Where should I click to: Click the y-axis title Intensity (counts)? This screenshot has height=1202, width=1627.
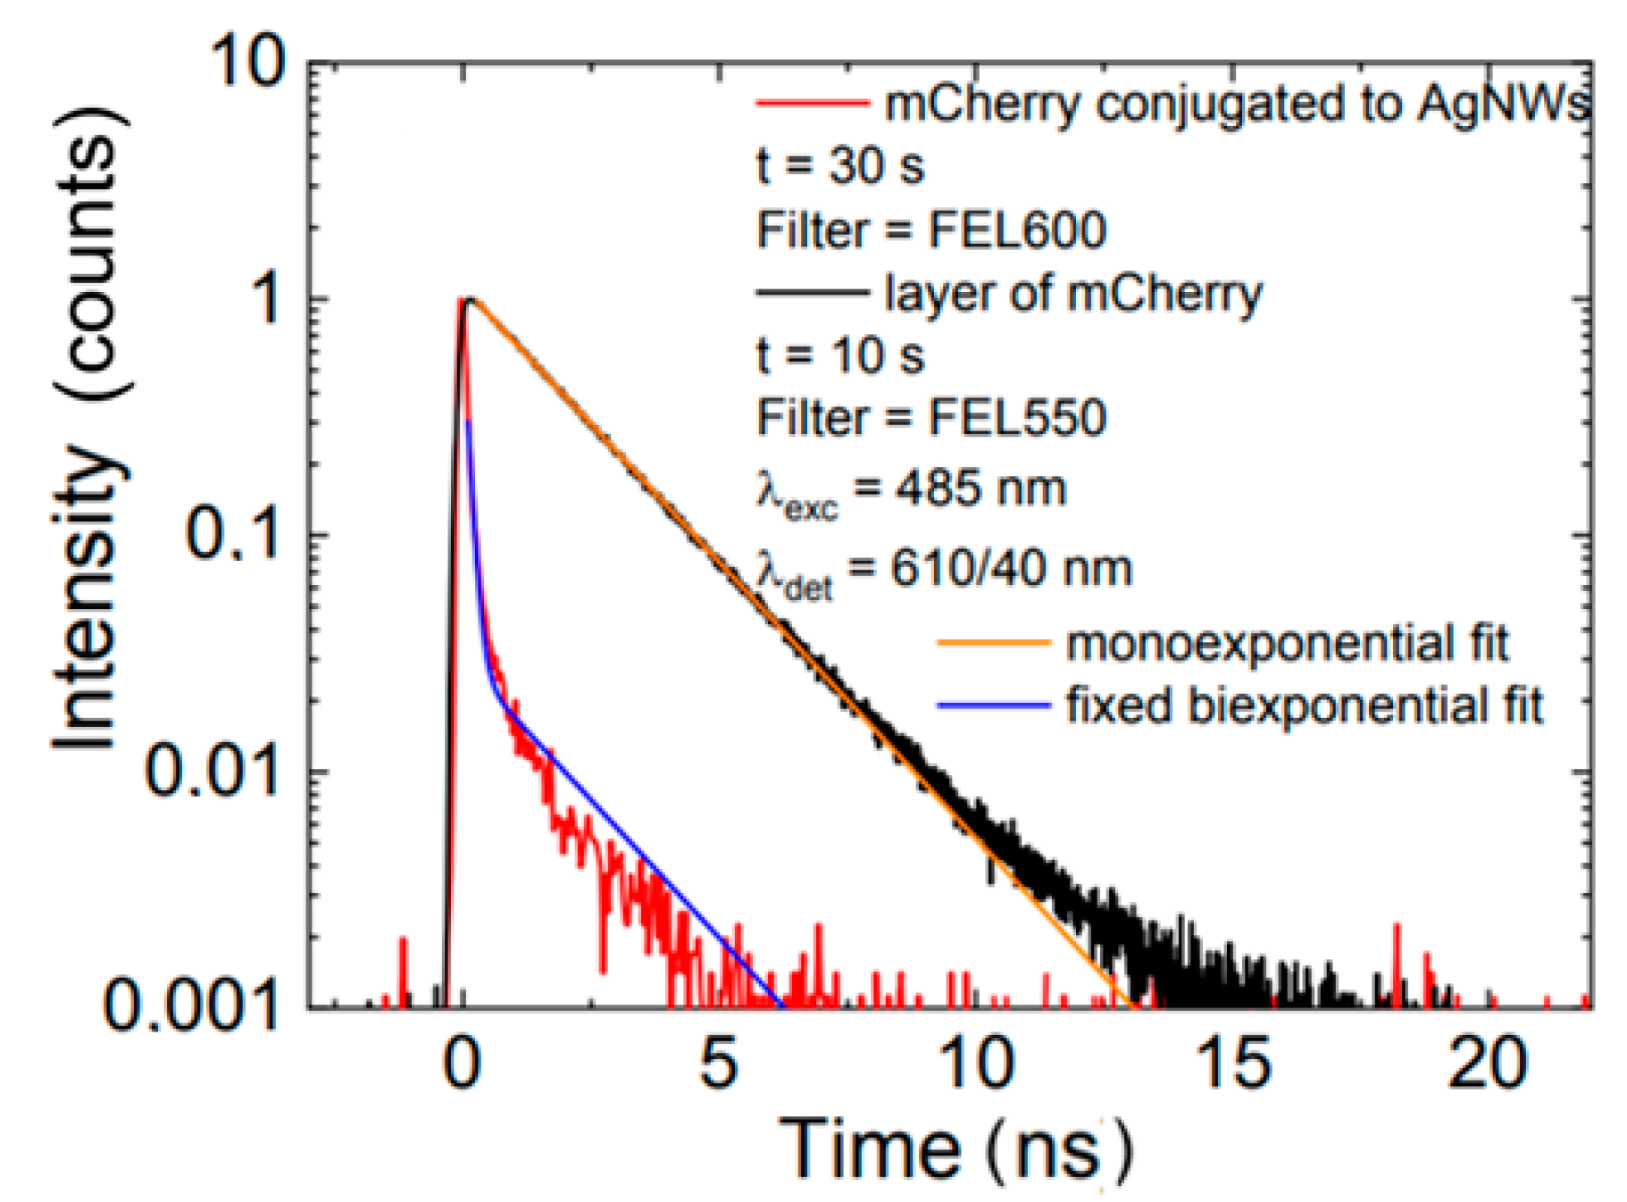[87, 429]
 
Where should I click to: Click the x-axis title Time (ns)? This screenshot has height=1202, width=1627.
[955, 1149]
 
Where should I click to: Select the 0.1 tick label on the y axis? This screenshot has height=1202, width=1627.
[233, 536]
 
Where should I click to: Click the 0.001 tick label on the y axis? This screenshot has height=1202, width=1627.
[192, 1006]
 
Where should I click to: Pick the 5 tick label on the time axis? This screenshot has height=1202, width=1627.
[719, 1064]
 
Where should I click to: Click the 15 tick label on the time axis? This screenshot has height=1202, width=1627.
[1233, 1064]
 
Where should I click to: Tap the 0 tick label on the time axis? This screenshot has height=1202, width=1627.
[463, 1064]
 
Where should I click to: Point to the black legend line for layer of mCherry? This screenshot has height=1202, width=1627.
[813, 292]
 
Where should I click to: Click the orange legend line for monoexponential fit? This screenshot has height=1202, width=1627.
[993, 642]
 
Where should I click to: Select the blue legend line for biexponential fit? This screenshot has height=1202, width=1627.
[993, 705]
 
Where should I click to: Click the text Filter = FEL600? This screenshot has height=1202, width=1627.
[931, 230]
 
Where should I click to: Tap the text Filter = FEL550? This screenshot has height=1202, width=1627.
[931, 418]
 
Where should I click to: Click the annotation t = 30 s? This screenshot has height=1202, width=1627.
[840, 166]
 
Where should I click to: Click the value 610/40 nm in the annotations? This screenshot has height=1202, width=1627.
[1012, 569]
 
